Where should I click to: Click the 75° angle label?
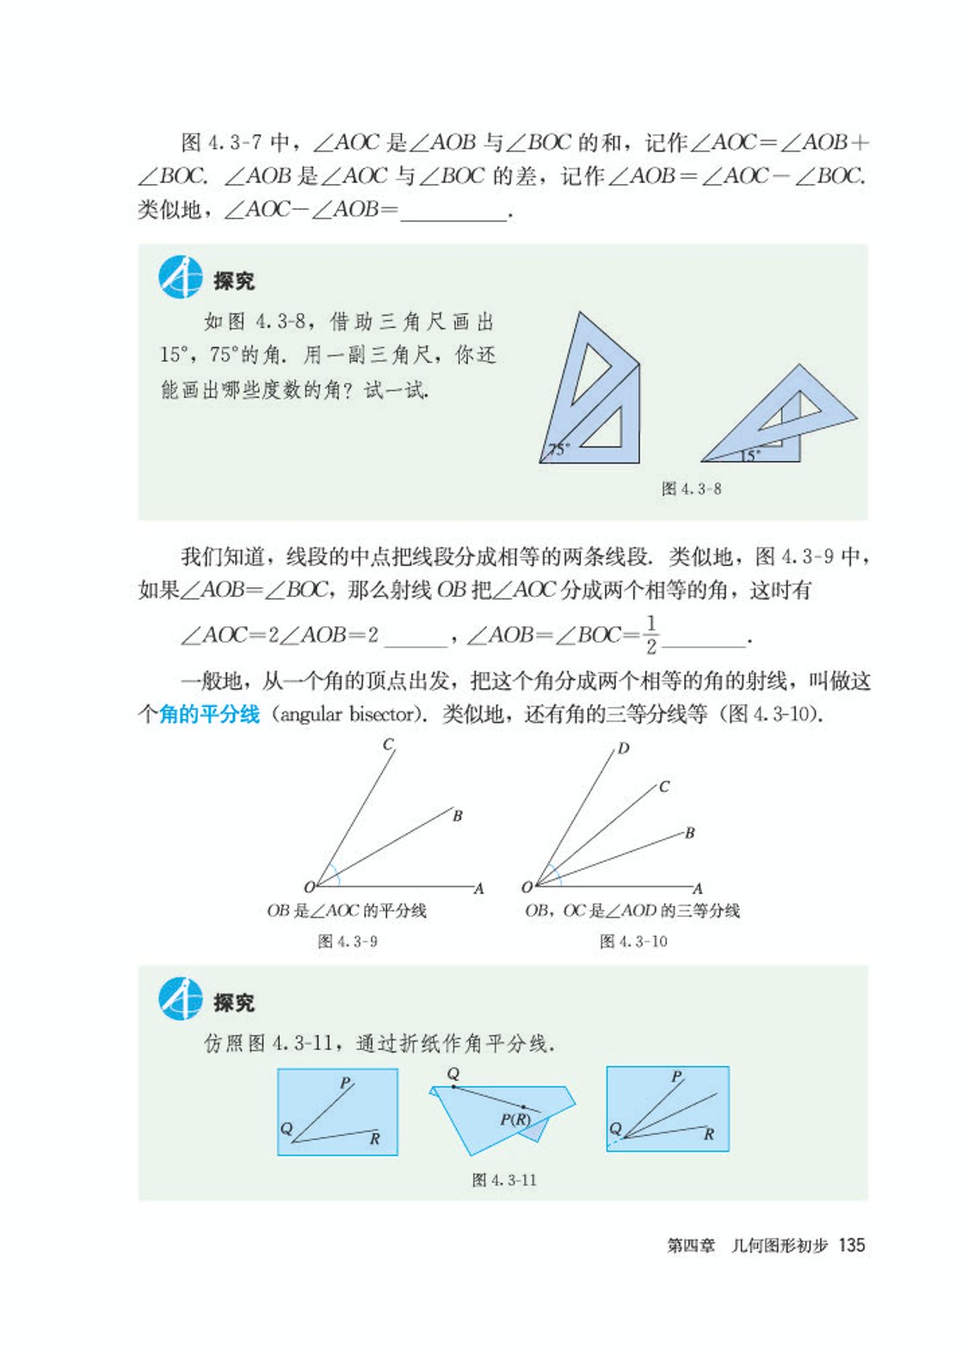coord(558,449)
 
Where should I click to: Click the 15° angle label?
coord(749,455)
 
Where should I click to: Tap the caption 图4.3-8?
coord(691,489)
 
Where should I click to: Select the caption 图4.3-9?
coord(348,941)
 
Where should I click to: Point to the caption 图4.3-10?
coord(633,941)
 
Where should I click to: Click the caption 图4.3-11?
coord(504,1180)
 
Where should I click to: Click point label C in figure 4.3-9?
coord(389,745)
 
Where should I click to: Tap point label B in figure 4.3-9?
coord(458,816)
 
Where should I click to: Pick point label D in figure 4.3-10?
coord(624,748)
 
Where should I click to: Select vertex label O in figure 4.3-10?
coord(527,887)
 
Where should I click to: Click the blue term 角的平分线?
coord(209,714)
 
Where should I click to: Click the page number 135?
coord(851,1245)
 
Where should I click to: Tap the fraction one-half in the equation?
coord(651,635)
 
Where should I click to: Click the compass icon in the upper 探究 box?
coord(181,278)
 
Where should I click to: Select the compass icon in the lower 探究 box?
coord(181,1000)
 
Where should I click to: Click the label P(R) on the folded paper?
coord(515,1119)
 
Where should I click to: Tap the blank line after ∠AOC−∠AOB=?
coord(453,211)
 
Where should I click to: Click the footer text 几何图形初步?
coord(780,1245)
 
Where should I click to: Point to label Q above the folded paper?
coord(453,1074)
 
